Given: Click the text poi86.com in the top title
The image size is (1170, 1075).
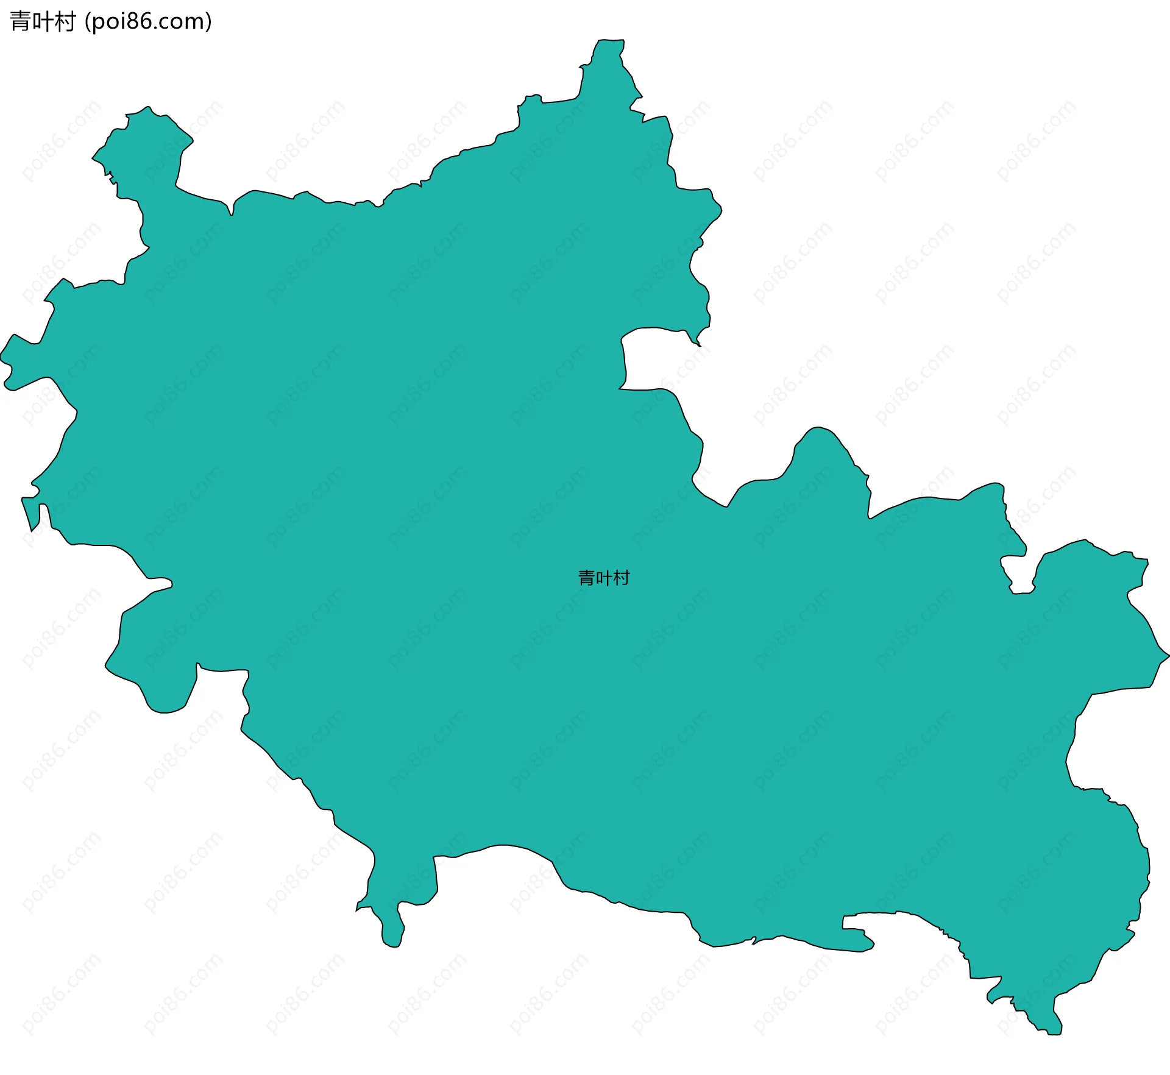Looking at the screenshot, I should click(148, 22).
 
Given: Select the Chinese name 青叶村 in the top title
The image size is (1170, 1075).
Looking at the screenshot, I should click(43, 22).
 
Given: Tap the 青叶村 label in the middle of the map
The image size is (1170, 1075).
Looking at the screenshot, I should click(603, 578).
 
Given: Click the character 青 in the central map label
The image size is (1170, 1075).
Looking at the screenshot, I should click(586, 578).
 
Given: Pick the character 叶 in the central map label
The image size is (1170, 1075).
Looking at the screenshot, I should click(603, 578).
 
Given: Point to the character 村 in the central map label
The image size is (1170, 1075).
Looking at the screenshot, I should click(621, 578).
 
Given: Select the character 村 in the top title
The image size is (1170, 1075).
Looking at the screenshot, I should click(65, 22).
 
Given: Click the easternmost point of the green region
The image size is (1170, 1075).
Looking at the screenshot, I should click(1168, 656).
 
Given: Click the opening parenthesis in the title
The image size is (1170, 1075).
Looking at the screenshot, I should click(88, 22).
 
